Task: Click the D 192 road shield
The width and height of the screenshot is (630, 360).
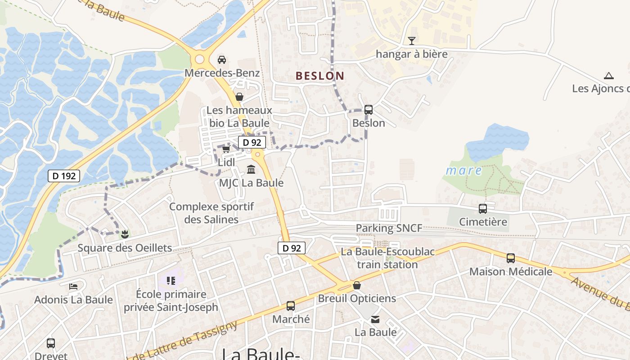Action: [64, 176]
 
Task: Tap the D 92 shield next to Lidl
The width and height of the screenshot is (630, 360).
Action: [252, 142]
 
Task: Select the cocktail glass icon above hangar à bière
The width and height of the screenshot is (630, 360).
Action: [411, 41]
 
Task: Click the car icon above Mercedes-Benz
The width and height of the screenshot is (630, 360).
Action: [222, 59]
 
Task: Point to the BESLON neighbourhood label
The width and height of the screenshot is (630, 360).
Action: [320, 76]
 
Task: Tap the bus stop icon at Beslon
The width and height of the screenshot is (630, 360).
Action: [369, 109]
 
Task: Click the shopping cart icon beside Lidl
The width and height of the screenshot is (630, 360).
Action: [226, 149]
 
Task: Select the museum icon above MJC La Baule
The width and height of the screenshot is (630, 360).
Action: [251, 170]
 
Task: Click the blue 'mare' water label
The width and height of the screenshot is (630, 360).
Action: [463, 171]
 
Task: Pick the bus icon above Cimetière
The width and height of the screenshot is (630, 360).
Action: [483, 209]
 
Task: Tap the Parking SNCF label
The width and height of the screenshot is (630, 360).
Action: [389, 228]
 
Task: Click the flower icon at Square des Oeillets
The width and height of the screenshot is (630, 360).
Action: [125, 234]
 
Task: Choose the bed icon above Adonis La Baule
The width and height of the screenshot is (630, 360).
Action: [73, 286]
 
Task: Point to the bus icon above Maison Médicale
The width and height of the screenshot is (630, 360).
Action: [511, 258]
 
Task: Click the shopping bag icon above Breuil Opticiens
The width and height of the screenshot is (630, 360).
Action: [357, 285]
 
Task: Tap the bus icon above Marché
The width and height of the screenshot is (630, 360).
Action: [291, 306]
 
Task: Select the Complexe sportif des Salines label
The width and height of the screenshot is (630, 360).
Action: [211, 213]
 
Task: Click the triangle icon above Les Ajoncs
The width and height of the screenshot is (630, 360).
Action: [609, 76]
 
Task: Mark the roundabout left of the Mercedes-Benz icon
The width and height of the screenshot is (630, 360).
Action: [199, 59]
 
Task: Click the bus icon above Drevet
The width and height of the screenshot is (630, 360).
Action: [51, 343]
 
